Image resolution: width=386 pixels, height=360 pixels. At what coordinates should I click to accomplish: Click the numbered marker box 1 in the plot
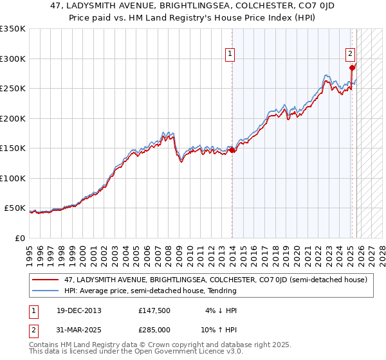(230, 55)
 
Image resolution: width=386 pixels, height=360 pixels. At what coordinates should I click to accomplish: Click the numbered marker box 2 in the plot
(350, 55)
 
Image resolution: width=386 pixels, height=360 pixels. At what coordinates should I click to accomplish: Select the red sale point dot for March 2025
(352, 67)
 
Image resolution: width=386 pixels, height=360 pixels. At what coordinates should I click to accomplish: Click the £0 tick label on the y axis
(21, 239)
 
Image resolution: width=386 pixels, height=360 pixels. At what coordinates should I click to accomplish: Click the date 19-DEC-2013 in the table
(78, 310)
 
